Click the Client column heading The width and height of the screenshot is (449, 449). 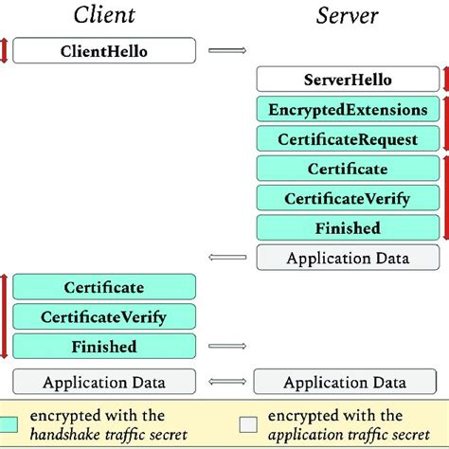[103, 16]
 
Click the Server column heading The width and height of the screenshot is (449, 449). [348, 16]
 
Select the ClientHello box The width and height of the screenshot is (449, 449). [104, 51]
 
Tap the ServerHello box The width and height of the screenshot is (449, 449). [348, 80]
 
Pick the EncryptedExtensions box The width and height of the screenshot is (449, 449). [348, 109]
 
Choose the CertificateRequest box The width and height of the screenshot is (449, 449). [348, 138]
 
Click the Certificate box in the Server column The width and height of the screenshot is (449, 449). [348, 169]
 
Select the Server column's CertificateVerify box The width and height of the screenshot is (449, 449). [348, 198]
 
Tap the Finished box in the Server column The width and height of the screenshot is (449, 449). [348, 227]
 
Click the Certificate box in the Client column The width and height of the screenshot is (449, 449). [104, 287]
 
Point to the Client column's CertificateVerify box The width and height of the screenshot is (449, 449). [104, 316]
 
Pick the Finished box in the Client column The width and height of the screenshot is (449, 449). [104, 346]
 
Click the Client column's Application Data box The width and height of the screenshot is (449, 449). [104, 382]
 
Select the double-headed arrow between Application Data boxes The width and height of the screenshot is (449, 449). [224, 382]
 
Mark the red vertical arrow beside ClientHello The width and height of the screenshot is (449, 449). [4, 51]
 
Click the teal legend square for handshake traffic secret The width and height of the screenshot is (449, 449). [12, 423]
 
